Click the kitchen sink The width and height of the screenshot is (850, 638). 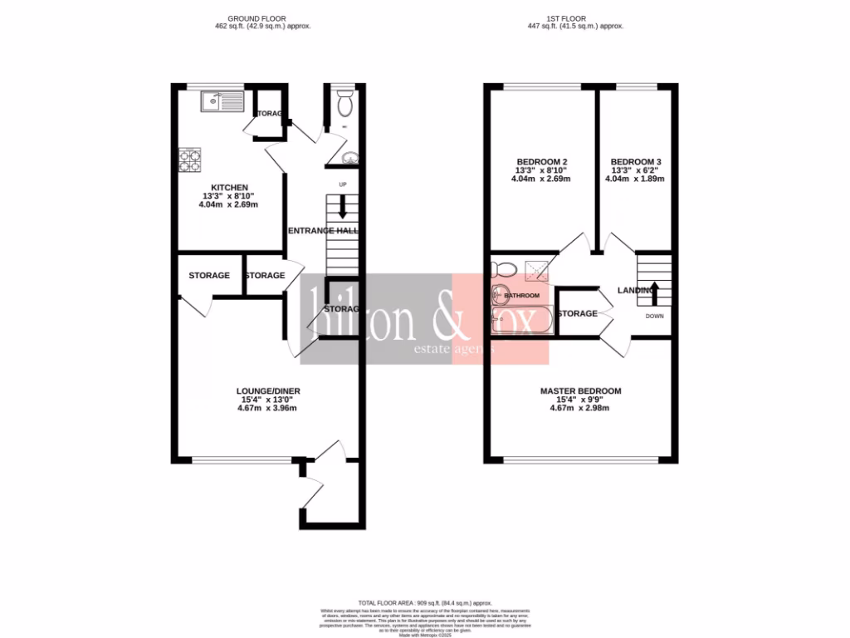219,103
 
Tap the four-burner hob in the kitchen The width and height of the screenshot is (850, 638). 190,159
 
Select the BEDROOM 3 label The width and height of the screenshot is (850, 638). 636,161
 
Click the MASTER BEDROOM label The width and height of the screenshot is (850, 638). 580,390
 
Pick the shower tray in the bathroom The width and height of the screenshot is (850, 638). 536,267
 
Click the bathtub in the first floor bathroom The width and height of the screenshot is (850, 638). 519,321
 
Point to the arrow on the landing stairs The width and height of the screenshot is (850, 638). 653,293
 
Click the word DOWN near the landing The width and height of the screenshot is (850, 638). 654,317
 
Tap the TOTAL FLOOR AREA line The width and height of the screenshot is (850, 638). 425,602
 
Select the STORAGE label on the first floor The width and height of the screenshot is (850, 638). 578,313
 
